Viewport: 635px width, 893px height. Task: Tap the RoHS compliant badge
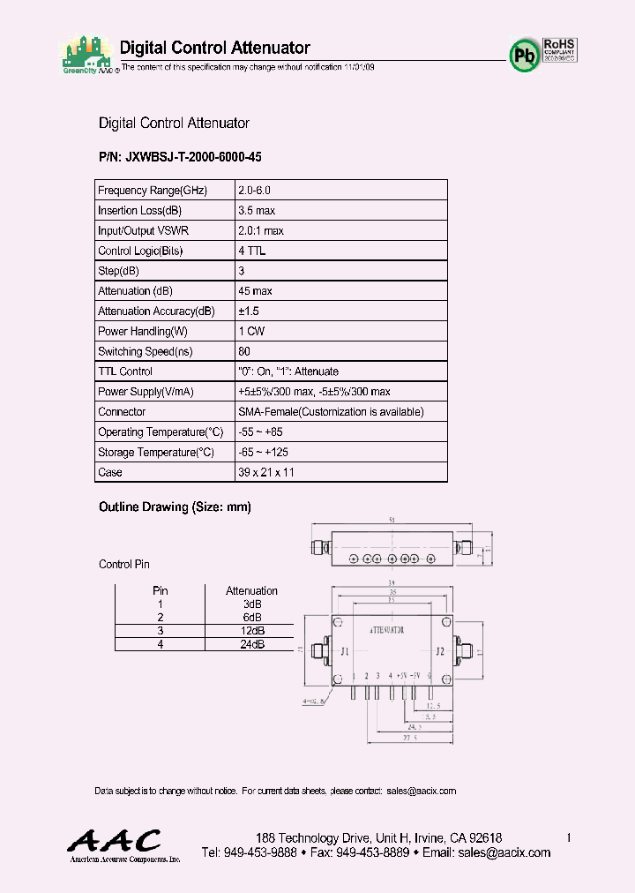(559, 49)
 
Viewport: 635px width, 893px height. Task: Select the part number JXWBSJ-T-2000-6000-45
(181, 156)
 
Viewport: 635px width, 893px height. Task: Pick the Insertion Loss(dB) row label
(139, 211)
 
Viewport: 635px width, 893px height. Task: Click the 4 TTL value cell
(252, 251)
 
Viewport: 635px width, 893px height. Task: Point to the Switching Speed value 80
(244, 351)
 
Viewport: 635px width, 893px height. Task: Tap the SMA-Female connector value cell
(331, 412)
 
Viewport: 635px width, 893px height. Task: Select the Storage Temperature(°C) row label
(156, 453)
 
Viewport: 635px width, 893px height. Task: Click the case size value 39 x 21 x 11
(266, 472)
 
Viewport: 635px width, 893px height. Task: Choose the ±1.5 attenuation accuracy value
(249, 311)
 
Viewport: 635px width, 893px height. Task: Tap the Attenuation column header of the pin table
(251, 590)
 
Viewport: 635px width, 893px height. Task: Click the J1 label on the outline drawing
(346, 652)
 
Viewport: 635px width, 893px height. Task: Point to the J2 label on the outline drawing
(439, 652)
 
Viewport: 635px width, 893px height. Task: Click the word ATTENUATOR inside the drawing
(386, 631)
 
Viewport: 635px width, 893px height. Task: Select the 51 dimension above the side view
(392, 522)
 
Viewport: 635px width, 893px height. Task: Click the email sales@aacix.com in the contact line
(421, 791)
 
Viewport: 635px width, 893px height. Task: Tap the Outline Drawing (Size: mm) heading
(176, 507)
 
